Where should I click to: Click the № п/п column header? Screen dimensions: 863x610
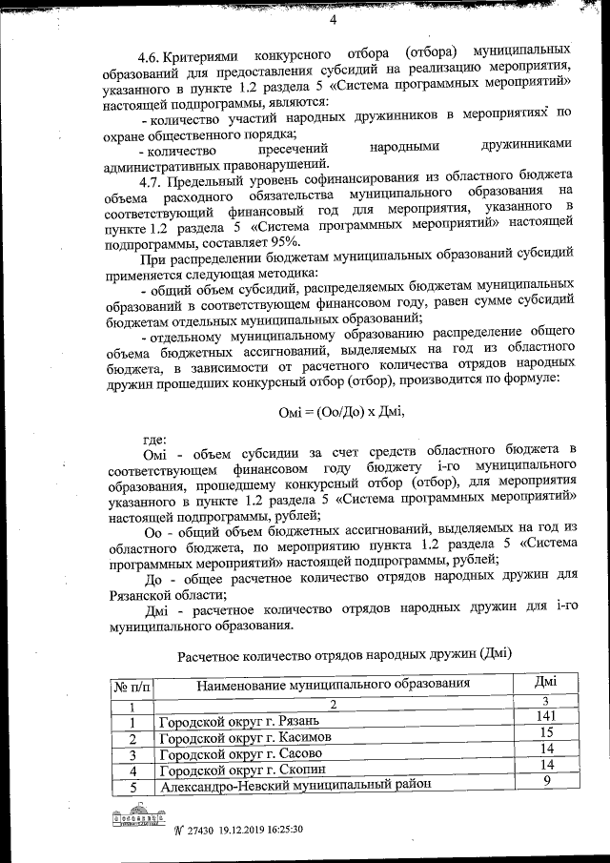(133, 686)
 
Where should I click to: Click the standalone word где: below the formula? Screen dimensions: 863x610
(153, 440)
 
